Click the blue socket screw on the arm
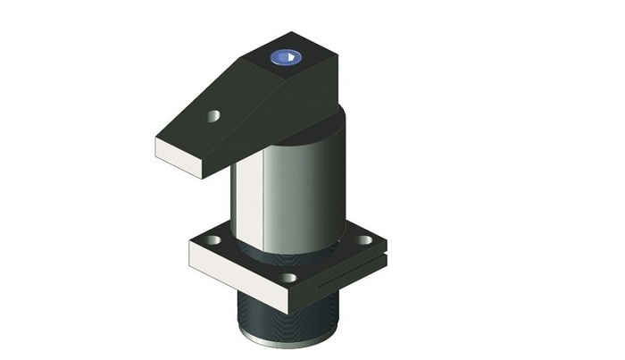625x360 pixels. tap(286, 59)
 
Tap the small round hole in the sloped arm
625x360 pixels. tap(213, 115)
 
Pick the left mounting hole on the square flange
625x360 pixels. tap(213, 240)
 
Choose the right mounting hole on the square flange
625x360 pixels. tap(362, 239)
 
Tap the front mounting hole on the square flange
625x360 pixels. tap(287, 277)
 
